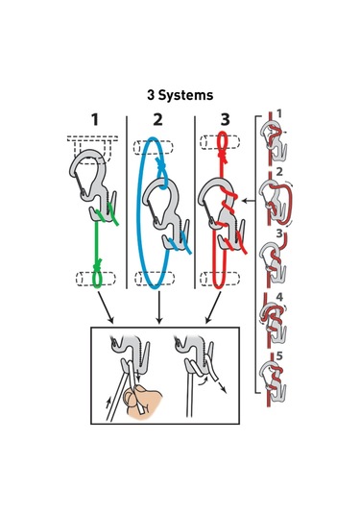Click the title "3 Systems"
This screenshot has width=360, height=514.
(180, 95)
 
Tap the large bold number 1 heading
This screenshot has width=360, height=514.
(95, 120)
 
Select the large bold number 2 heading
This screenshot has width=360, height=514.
(157, 120)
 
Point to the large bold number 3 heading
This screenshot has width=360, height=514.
(225, 120)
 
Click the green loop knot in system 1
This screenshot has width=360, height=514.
(97, 265)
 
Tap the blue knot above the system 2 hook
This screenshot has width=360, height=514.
(161, 166)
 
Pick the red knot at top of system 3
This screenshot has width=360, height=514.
(224, 158)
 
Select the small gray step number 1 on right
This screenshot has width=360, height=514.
(279, 113)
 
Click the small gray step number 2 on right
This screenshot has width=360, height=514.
(279, 171)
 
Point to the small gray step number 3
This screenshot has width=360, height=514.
(279, 233)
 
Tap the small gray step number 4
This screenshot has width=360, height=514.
(279, 297)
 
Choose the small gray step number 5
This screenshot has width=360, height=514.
(279, 356)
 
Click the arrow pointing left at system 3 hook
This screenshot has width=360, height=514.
(249, 201)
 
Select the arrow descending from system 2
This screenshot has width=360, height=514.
(159, 307)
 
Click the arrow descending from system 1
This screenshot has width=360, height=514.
(106, 307)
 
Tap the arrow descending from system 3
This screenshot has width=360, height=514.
(213, 307)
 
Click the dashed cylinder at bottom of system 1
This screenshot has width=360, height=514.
(96, 279)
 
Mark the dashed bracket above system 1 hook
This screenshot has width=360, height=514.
(93, 149)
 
